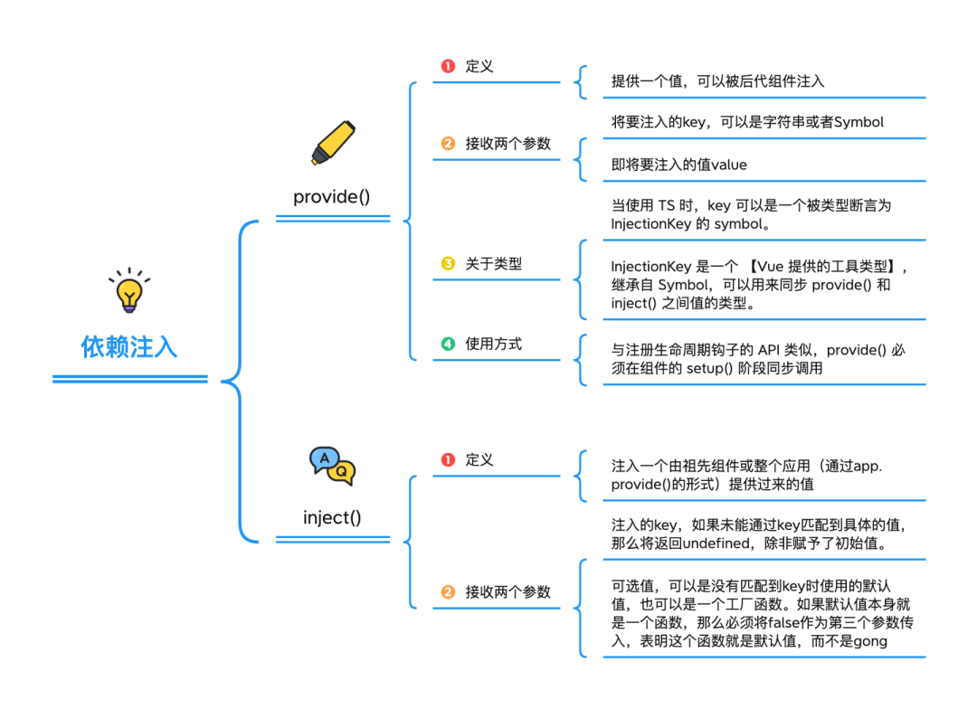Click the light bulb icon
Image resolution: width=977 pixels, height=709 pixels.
(129, 290)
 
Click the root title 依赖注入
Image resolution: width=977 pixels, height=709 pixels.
(129, 347)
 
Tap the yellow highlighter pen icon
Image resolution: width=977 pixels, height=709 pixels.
(332, 144)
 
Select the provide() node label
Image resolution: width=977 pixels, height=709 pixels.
(332, 196)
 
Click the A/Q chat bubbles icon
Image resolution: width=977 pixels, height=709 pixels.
(332, 466)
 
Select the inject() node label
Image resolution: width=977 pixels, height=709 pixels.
(332, 517)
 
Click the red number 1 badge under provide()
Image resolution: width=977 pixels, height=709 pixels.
(448, 66)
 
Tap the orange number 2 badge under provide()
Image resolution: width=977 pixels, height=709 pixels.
(448, 144)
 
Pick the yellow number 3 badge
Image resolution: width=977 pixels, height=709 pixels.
(448, 264)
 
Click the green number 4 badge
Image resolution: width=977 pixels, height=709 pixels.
(448, 344)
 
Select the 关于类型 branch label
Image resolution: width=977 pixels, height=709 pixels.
(494, 264)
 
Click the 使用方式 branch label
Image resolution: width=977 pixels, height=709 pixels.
(494, 344)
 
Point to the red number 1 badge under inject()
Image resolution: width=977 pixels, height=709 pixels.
(448, 459)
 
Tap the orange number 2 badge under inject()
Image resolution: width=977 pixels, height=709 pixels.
(448, 592)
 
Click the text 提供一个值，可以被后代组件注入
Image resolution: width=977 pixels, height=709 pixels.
(717, 81)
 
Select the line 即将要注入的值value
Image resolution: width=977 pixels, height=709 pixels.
(678, 165)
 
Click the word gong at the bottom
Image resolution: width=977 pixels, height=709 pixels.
(868, 641)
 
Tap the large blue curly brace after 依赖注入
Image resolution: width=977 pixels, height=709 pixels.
(237, 380)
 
